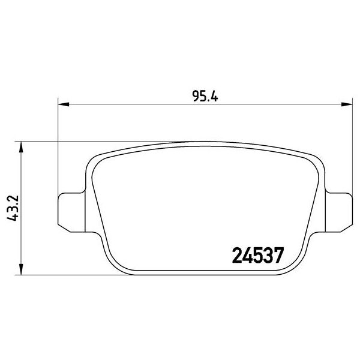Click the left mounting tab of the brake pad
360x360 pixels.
tap(69, 209)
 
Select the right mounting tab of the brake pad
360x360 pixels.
tap(340, 209)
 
